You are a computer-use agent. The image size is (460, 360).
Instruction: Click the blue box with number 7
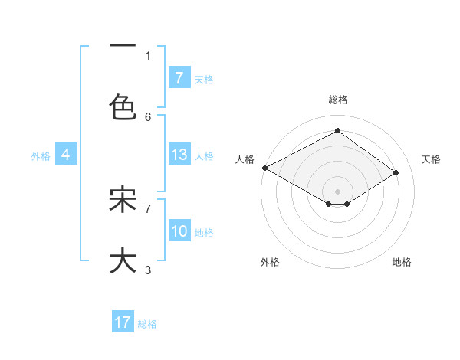[x=179, y=78]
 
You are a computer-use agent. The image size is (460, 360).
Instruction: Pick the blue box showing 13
[x=179, y=155]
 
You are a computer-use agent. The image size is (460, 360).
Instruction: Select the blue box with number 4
[x=66, y=155]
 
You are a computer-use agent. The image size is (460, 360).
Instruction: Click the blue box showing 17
[x=123, y=323]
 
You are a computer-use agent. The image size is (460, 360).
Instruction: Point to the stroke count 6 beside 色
[x=148, y=116]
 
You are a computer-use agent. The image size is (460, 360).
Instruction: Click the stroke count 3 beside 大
[x=148, y=270]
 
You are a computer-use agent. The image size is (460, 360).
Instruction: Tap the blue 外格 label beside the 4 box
[x=41, y=155]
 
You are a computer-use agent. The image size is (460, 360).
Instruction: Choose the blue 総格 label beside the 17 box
[x=147, y=324]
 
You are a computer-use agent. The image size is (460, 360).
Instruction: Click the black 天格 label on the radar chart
[x=431, y=159]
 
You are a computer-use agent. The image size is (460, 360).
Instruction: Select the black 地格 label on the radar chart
[x=402, y=263]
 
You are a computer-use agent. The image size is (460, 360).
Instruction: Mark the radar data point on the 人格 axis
[x=264, y=168]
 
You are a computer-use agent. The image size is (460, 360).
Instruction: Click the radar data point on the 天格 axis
[x=396, y=172]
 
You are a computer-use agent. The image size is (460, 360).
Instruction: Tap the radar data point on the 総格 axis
[x=337, y=131]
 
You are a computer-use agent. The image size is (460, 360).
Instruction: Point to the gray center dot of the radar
[x=337, y=191]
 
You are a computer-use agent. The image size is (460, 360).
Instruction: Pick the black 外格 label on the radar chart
[x=270, y=263]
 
